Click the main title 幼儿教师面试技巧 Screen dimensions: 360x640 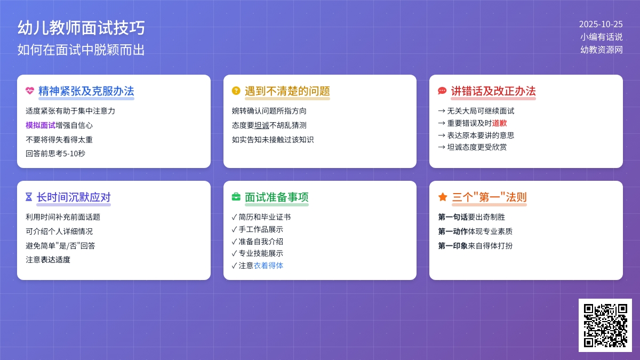pos(81,28)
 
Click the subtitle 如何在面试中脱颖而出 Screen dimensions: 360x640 pos(81,50)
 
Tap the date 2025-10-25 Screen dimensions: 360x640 pos(601,24)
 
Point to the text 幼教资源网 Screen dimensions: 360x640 pos(602,50)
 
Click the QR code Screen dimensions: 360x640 pos(605,325)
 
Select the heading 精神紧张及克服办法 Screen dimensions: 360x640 pos(86,91)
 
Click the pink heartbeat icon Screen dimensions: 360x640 pos(30,91)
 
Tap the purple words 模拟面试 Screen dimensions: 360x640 pos(41,125)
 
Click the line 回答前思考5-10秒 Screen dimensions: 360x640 pos(55,154)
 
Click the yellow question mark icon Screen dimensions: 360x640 pos(236,91)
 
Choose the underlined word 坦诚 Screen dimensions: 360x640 pos(262,125)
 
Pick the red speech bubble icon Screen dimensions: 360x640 pos(442,91)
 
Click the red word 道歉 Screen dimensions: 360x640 pos(500,123)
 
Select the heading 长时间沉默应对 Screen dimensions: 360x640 pos(74,197)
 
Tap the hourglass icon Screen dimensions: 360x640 pos(29,197)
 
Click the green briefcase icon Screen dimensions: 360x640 pos(236,197)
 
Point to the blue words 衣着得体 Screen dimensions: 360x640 pos(268,266)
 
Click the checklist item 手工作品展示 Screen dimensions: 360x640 pos(261,229)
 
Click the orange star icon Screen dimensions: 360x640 pos(443,197)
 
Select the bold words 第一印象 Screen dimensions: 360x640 pos(453,246)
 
